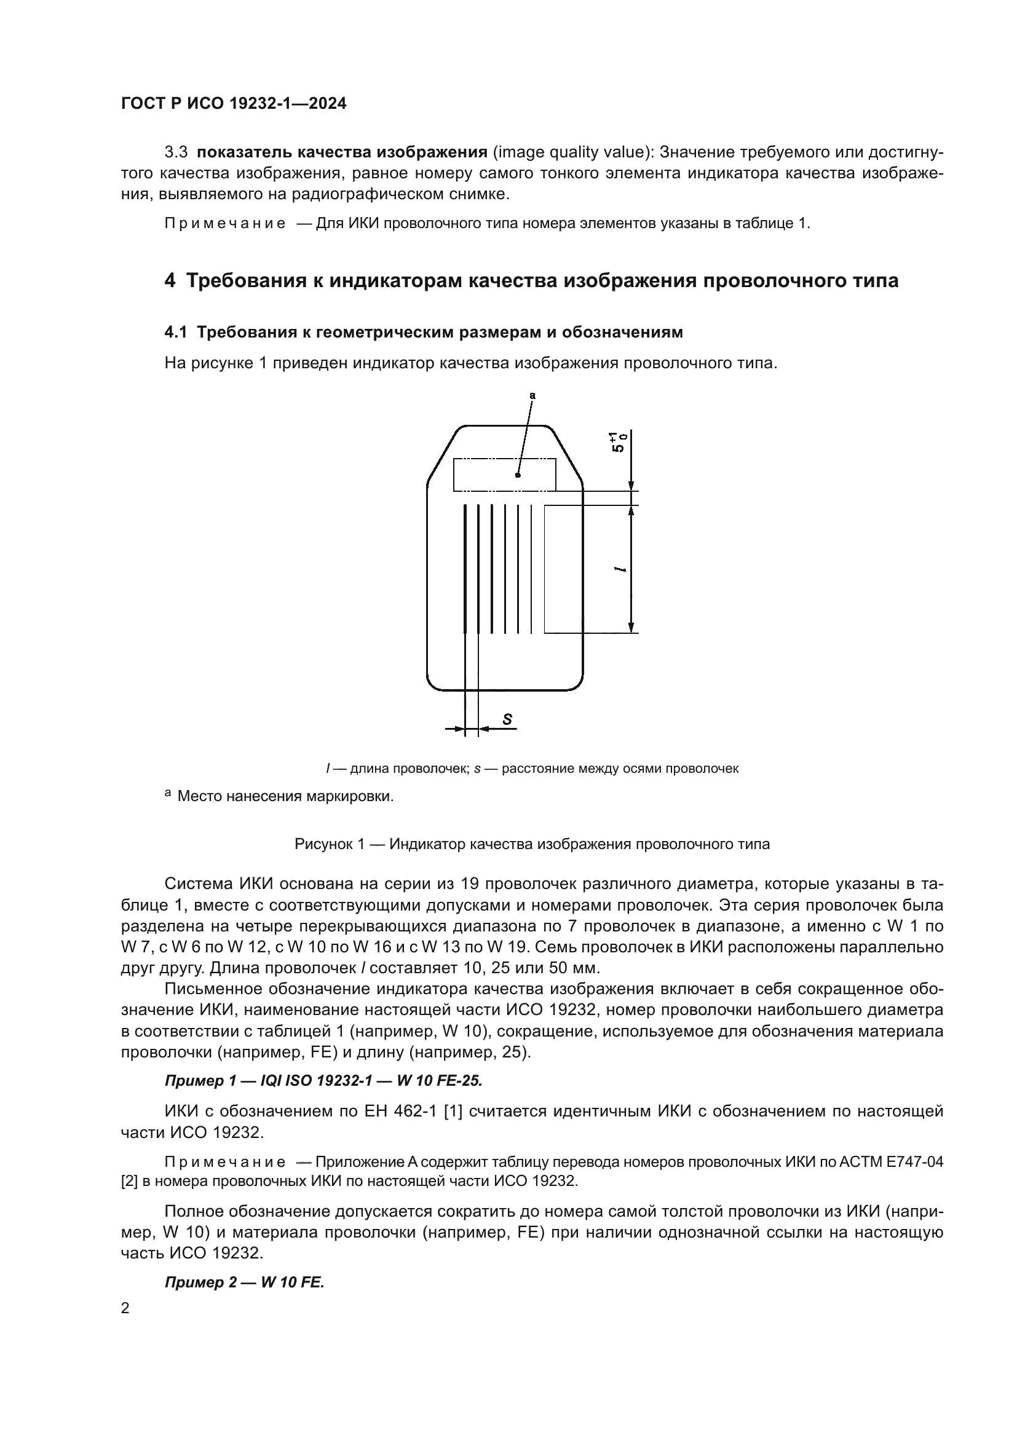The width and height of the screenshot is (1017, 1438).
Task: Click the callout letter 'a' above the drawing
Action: [532, 395]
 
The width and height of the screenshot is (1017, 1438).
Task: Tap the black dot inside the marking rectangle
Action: [518, 475]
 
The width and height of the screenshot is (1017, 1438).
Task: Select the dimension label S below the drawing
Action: [507, 719]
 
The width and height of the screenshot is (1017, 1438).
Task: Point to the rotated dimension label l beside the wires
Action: [620, 569]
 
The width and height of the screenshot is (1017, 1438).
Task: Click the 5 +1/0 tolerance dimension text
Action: [618, 443]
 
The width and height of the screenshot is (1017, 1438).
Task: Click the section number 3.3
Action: [176, 152]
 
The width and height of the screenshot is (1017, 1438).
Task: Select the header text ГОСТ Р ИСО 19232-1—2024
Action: [234, 103]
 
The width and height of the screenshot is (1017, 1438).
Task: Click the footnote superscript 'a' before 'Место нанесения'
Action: [167, 794]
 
